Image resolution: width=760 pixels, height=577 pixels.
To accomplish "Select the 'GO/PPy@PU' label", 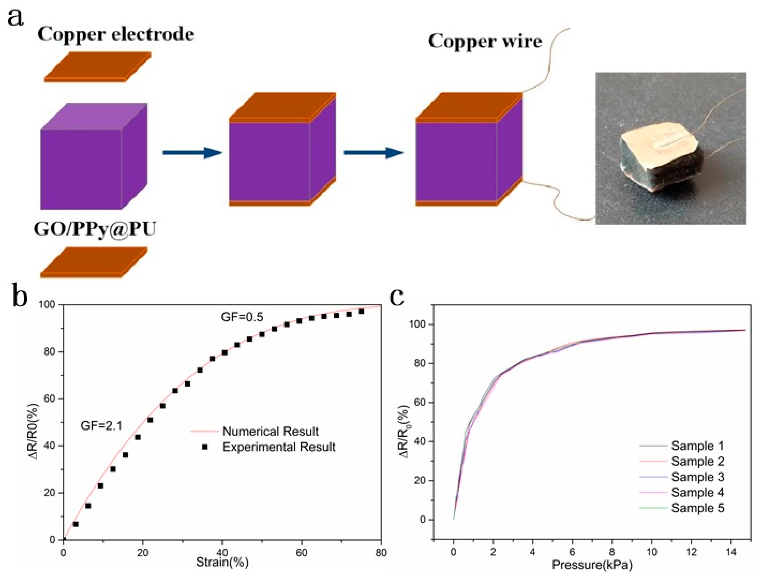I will tap(95, 229).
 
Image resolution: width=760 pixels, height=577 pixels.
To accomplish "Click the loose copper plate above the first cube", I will tap(98, 67).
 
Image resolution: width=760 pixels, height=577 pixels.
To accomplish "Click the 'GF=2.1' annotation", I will tap(101, 426).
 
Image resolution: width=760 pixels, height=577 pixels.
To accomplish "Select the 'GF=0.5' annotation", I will tap(242, 317).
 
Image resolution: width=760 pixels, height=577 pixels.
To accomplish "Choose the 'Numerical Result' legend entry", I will tap(270, 431).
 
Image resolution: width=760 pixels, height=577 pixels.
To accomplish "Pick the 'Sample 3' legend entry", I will tap(697, 477).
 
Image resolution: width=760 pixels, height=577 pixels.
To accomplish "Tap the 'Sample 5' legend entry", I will tap(697, 508).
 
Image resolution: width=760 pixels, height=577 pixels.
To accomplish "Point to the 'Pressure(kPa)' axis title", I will tap(592, 565).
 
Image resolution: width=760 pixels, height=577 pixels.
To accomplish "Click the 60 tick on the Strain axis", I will tap(302, 553).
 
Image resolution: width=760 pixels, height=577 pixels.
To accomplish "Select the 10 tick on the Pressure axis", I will tap(651, 553).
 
